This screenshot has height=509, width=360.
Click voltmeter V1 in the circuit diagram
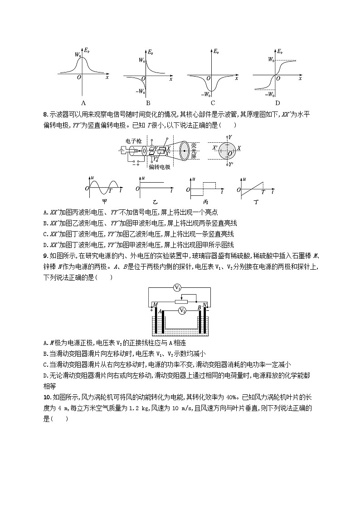pyautogui.click(x=178, y=288)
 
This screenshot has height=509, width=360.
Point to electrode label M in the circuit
pyautogui.click(x=156, y=305)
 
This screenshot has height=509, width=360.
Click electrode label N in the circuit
pyautogui.click(x=205, y=305)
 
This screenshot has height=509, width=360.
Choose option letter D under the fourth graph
pyautogui.click(x=277, y=102)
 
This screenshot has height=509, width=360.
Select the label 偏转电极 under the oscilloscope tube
pyautogui.click(x=160, y=167)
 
